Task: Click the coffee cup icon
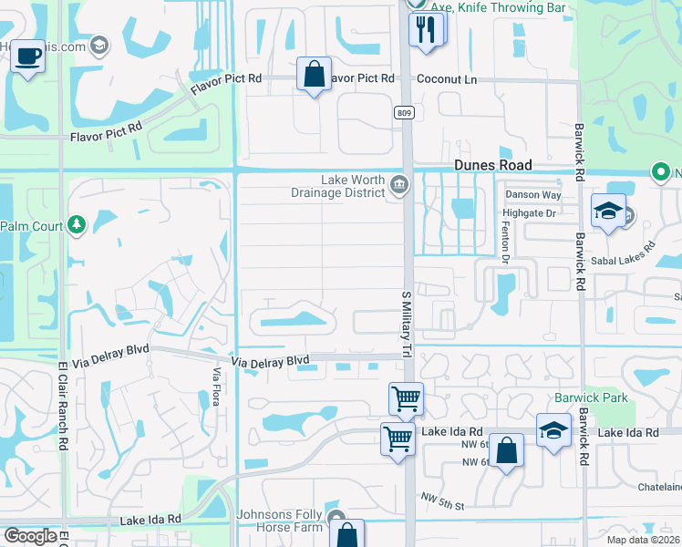27,57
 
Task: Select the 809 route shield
403,112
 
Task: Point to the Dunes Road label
492,165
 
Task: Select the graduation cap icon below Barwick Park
553,431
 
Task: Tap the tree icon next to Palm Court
77,225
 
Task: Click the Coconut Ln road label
447,79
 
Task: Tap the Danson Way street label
532,194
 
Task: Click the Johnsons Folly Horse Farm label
280,521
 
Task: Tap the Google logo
29,536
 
